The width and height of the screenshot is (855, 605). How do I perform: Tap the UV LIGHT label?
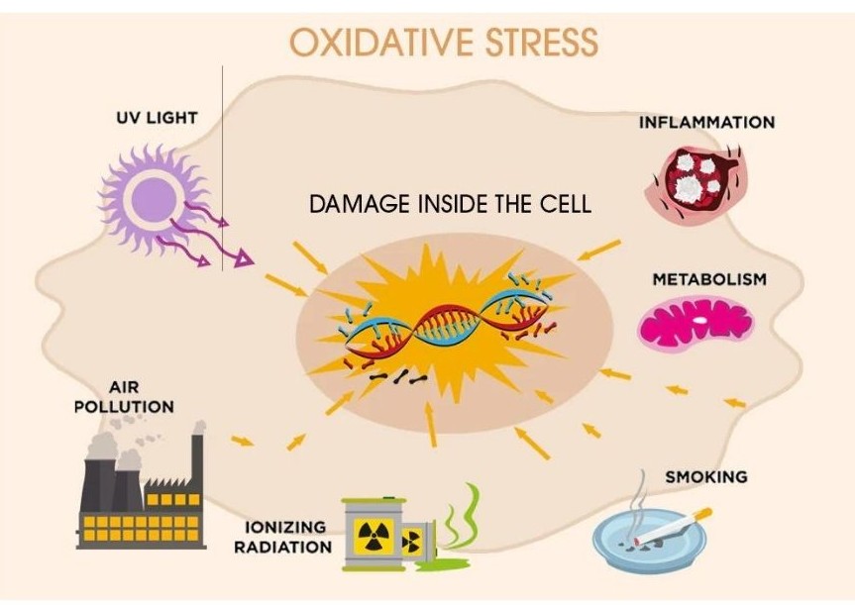pos(157,118)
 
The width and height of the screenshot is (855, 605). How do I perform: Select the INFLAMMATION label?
pos(706,123)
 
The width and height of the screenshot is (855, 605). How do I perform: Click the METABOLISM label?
pos(708,279)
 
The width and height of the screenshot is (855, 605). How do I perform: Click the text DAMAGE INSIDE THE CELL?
pos(450,205)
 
